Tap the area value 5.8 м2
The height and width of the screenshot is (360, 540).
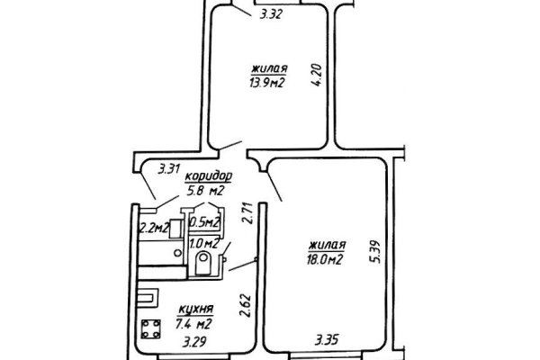(203, 191)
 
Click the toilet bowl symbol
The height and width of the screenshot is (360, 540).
(204, 262)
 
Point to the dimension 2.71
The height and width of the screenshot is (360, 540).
(246, 219)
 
